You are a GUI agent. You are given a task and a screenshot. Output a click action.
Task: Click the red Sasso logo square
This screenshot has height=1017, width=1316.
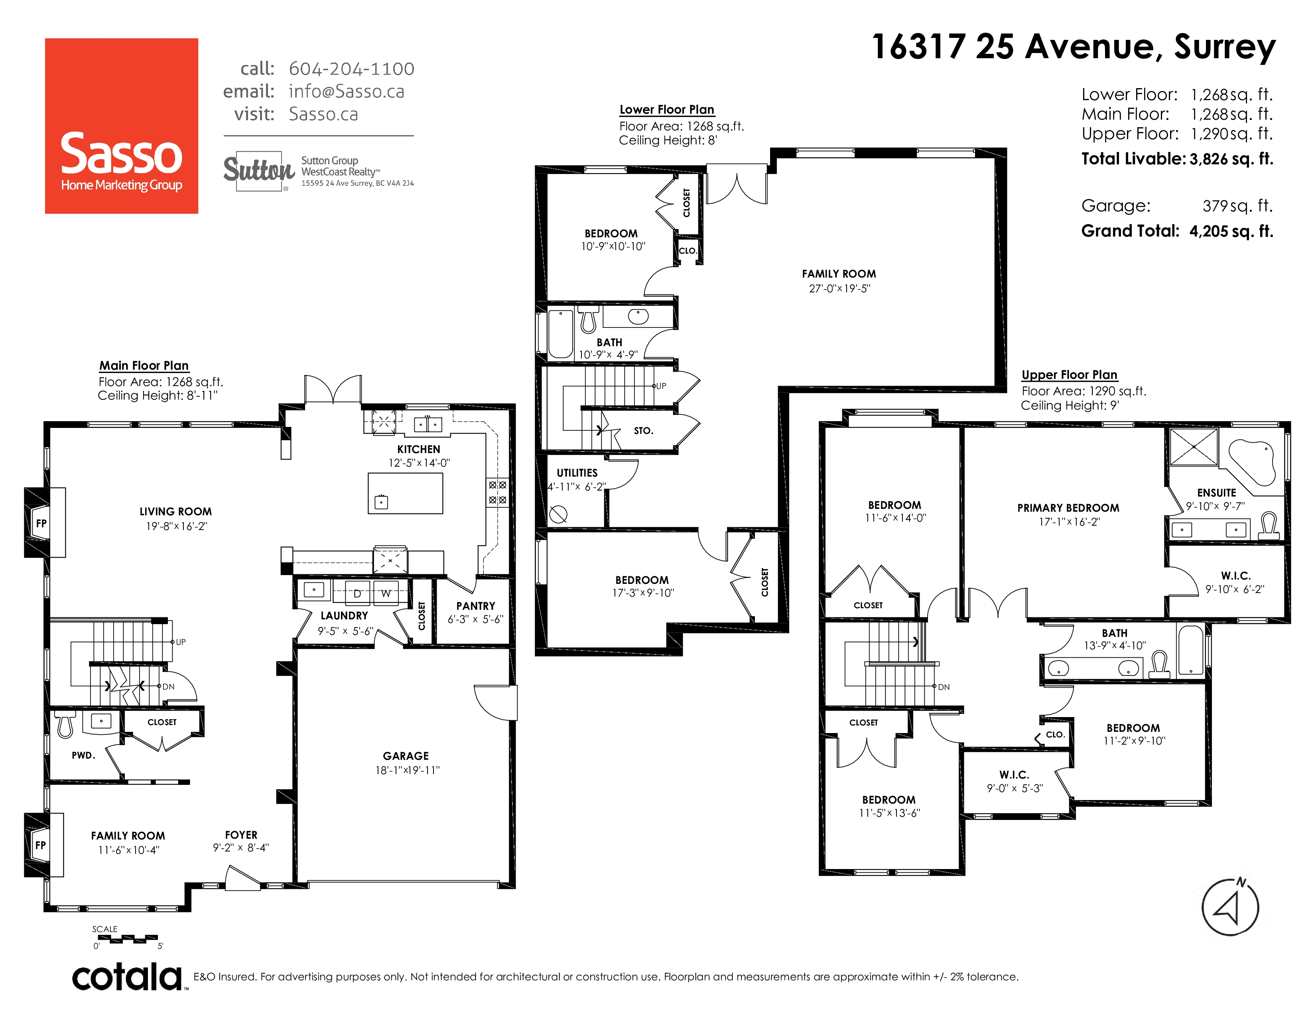click(121, 126)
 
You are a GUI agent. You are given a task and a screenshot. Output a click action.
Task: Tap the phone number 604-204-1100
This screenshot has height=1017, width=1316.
click(351, 69)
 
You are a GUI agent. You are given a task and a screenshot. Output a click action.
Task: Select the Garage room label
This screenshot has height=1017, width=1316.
click(406, 755)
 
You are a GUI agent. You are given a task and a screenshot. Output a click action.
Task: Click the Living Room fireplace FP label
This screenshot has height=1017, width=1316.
click(41, 523)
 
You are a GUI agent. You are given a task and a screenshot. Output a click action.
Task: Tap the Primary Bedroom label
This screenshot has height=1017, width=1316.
click(1068, 508)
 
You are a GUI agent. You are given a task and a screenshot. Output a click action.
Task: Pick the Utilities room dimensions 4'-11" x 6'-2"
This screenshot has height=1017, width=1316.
click(577, 487)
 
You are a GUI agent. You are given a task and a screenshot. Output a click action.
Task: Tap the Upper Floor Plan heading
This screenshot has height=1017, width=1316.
click(1070, 375)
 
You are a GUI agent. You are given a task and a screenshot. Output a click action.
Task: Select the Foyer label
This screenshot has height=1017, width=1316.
click(241, 835)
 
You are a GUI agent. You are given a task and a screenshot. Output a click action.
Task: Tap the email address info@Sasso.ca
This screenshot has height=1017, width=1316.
click(347, 92)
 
